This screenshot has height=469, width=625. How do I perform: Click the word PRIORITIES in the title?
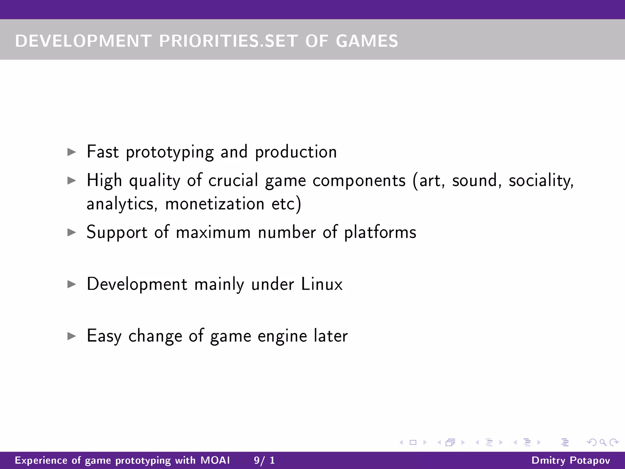coord(209,41)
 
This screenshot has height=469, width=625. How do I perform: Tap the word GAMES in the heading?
coord(367,41)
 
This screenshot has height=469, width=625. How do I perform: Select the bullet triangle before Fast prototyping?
coord(71,152)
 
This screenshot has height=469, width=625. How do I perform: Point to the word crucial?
coord(233,180)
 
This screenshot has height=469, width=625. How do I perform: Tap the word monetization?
coord(215,204)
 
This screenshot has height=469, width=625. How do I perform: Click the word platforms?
coord(380,232)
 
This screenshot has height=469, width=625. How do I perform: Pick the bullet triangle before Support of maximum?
coord(71,232)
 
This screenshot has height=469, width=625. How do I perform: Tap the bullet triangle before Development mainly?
coord(71,284)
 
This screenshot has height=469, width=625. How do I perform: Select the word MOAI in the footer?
coord(215,460)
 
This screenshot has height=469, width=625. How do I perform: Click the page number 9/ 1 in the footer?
coord(264,460)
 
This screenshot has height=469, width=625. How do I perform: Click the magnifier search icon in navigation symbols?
coord(603,442)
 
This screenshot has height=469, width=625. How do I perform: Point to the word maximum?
coord(213,232)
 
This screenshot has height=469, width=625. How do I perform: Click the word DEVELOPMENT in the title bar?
coord(83,41)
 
